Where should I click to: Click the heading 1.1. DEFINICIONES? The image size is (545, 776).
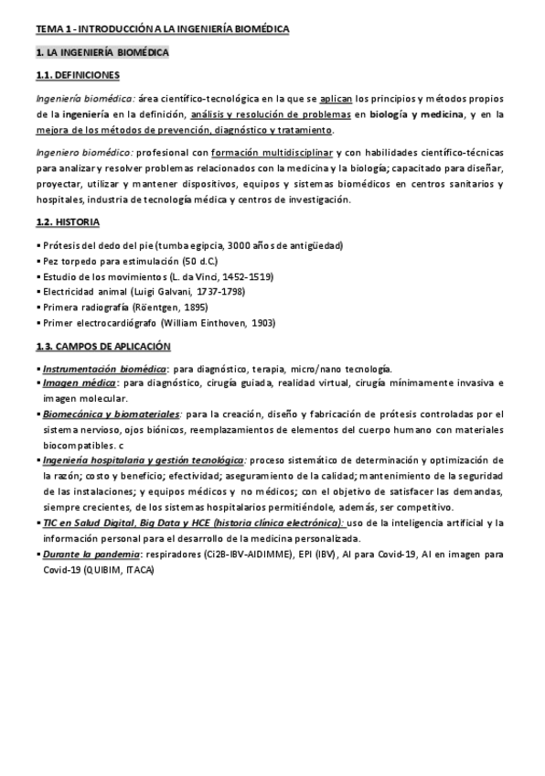76,75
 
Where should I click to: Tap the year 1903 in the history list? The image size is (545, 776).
262,323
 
